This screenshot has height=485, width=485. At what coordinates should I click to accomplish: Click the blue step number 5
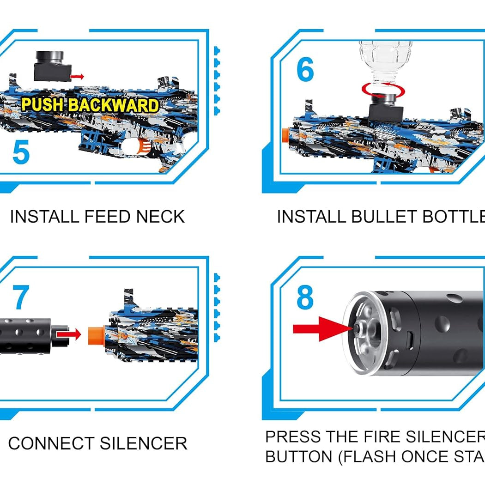click(21, 153)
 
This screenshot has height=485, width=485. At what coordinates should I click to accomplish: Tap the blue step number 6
click(305, 70)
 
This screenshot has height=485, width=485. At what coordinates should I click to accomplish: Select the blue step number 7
click(21, 298)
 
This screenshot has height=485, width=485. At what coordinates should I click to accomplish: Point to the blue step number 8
click(305, 298)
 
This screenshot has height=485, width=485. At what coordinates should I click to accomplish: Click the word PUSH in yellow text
click(43, 105)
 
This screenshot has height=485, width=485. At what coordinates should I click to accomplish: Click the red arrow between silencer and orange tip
click(72, 332)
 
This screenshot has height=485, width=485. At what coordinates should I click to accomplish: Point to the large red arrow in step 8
click(321, 328)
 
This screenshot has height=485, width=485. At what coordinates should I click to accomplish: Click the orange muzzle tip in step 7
click(94, 335)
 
